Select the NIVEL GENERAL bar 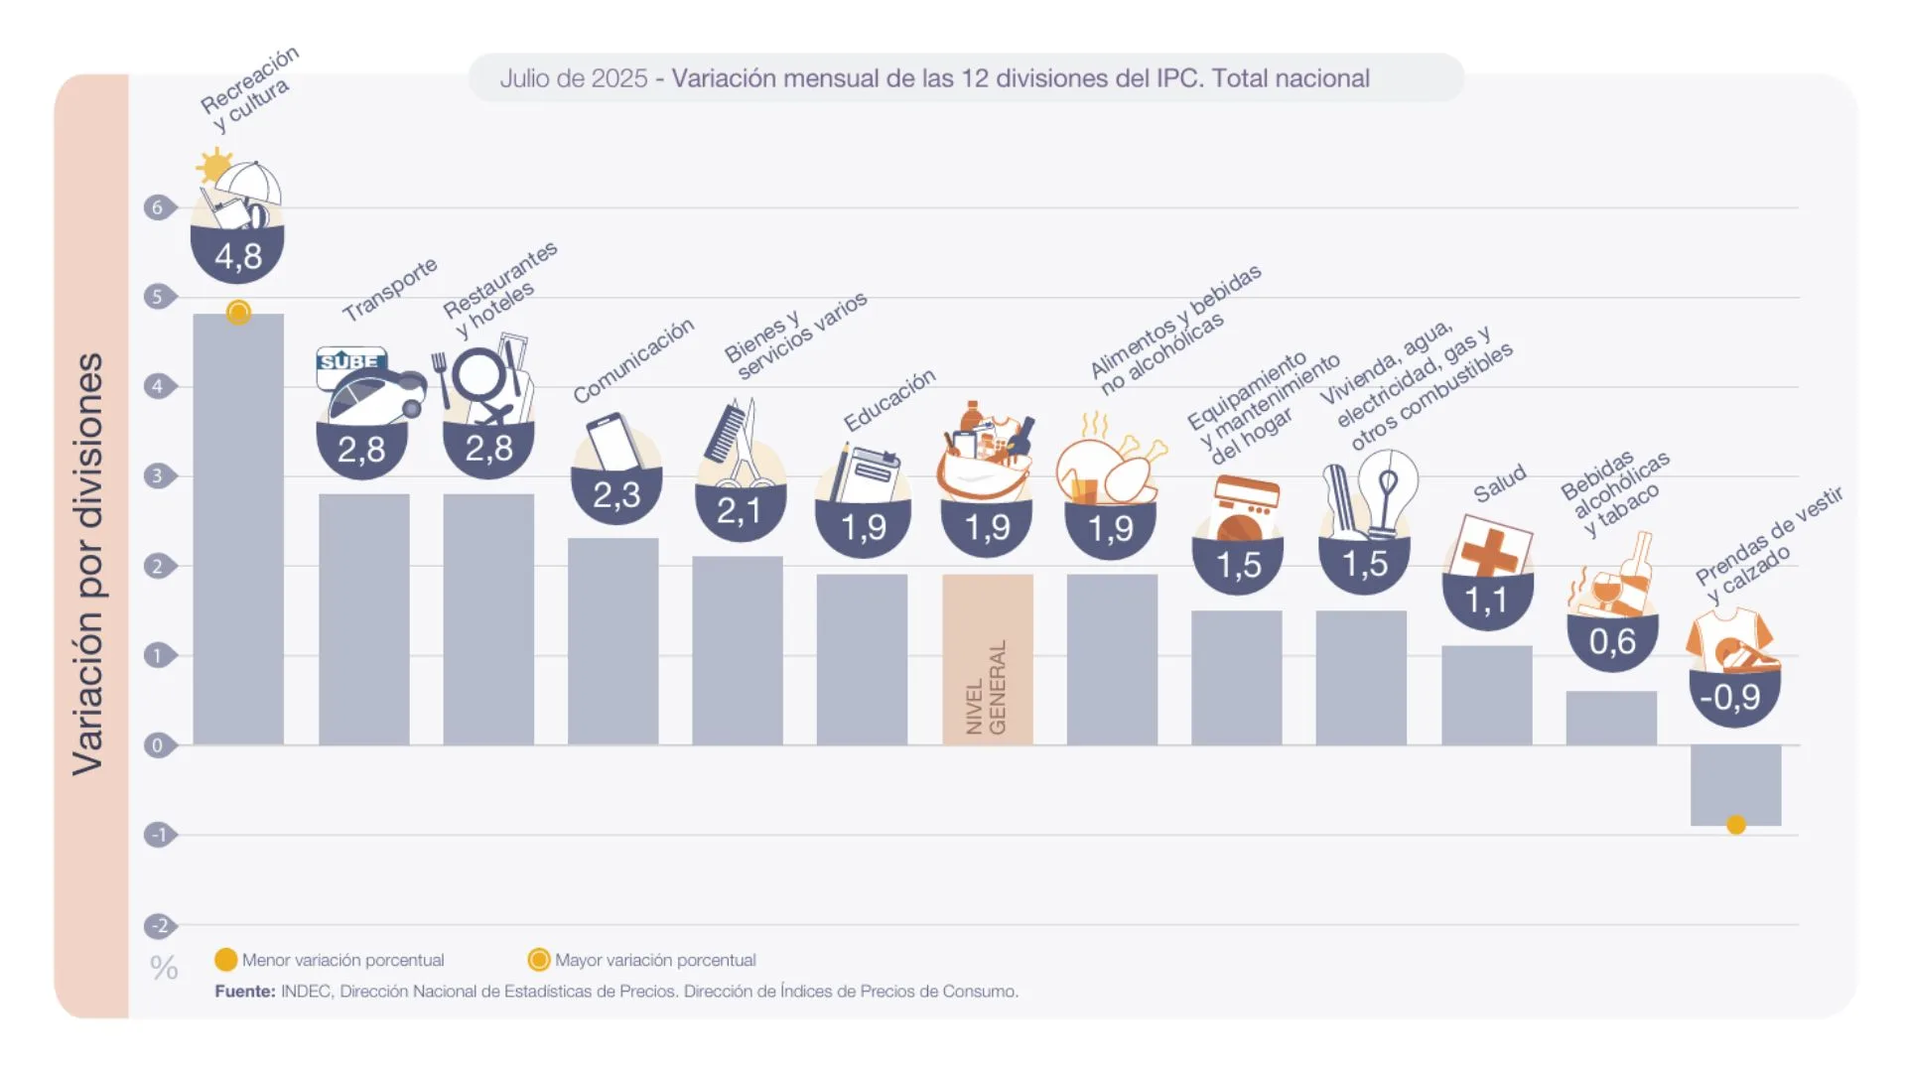point(987,659)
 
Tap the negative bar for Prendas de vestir point(1735,784)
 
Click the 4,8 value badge point(238,256)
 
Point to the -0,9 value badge point(1734,697)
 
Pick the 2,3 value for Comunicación point(616,494)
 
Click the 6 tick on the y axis point(157,207)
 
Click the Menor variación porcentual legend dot point(226,960)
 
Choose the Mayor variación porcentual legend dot point(539,960)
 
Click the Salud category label point(1499,484)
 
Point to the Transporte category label point(390,289)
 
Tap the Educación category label point(889,399)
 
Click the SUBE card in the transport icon point(349,361)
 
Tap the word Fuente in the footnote point(244,992)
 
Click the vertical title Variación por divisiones point(88,563)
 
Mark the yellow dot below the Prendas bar point(1736,825)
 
